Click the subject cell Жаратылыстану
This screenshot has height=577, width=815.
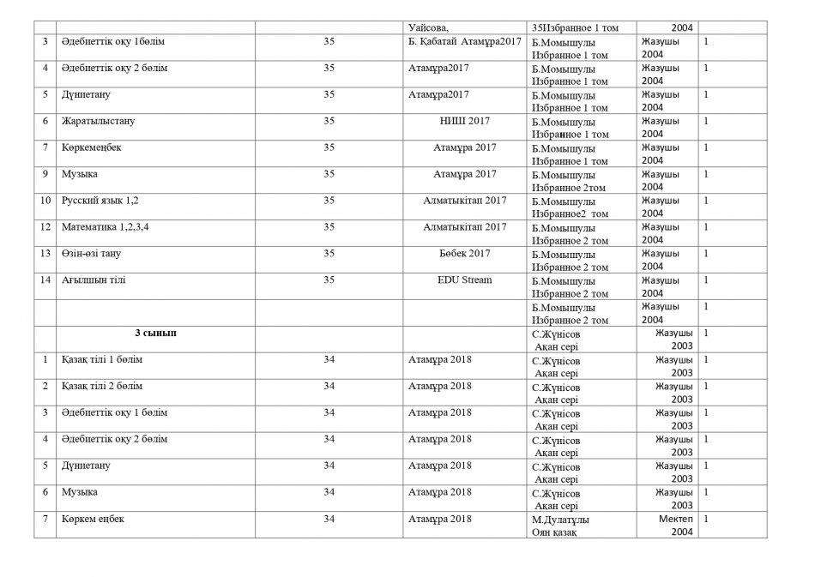[98, 122]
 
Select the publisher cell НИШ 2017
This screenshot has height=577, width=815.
[464, 122]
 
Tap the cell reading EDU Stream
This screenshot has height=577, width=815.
[464, 280]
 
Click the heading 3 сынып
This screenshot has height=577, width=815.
[156, 333]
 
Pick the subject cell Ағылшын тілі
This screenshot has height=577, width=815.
[94, 280]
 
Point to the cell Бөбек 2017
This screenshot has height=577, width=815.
[464, 254]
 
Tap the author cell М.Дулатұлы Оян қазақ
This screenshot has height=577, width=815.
[563, 526]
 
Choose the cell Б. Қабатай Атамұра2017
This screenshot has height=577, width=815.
[464, 42]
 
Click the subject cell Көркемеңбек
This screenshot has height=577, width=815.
[92, 147]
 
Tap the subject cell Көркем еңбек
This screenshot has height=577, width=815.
[93, 520]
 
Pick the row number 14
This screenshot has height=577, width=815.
[45, 280]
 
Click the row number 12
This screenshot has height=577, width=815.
[45, 227]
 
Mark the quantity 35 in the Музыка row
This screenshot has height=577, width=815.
[329, 174]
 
